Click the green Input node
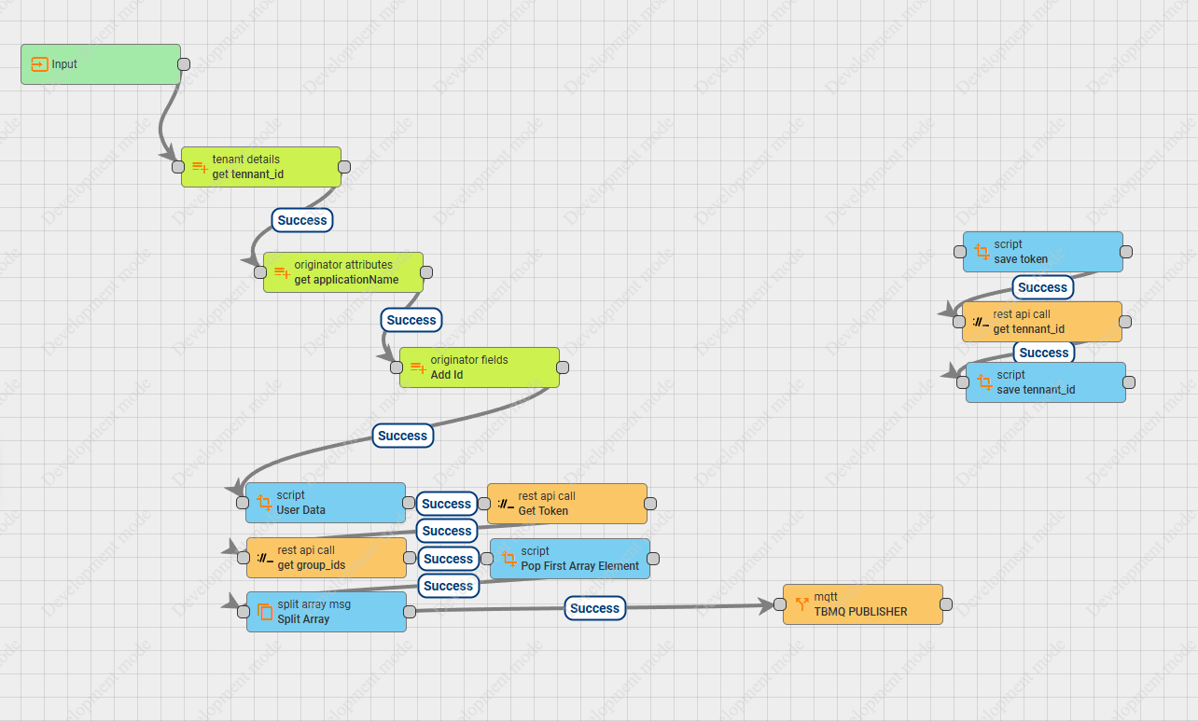coord(101,64)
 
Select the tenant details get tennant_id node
coord(261,167)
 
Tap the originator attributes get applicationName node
coord(343,272)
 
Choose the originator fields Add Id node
coord(480,367)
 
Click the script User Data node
coord(326,503)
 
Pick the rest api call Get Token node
coord(567,504)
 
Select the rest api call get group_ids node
coord(327,558)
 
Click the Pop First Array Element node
coord(570,559)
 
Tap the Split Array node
coord(327,612)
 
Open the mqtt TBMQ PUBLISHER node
coord(863,604)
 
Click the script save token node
coord(1043,252)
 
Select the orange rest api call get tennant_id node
coord(1041,322)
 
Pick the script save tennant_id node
coord(1046,382)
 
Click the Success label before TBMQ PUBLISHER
coord(594,608)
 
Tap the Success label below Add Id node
coord(402,436)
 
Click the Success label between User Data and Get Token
coord(446,504)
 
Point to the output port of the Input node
coord(184,64)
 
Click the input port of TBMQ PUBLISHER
coord(780,604)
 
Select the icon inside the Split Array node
coord(265,612)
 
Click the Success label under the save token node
coord(1042,287)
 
